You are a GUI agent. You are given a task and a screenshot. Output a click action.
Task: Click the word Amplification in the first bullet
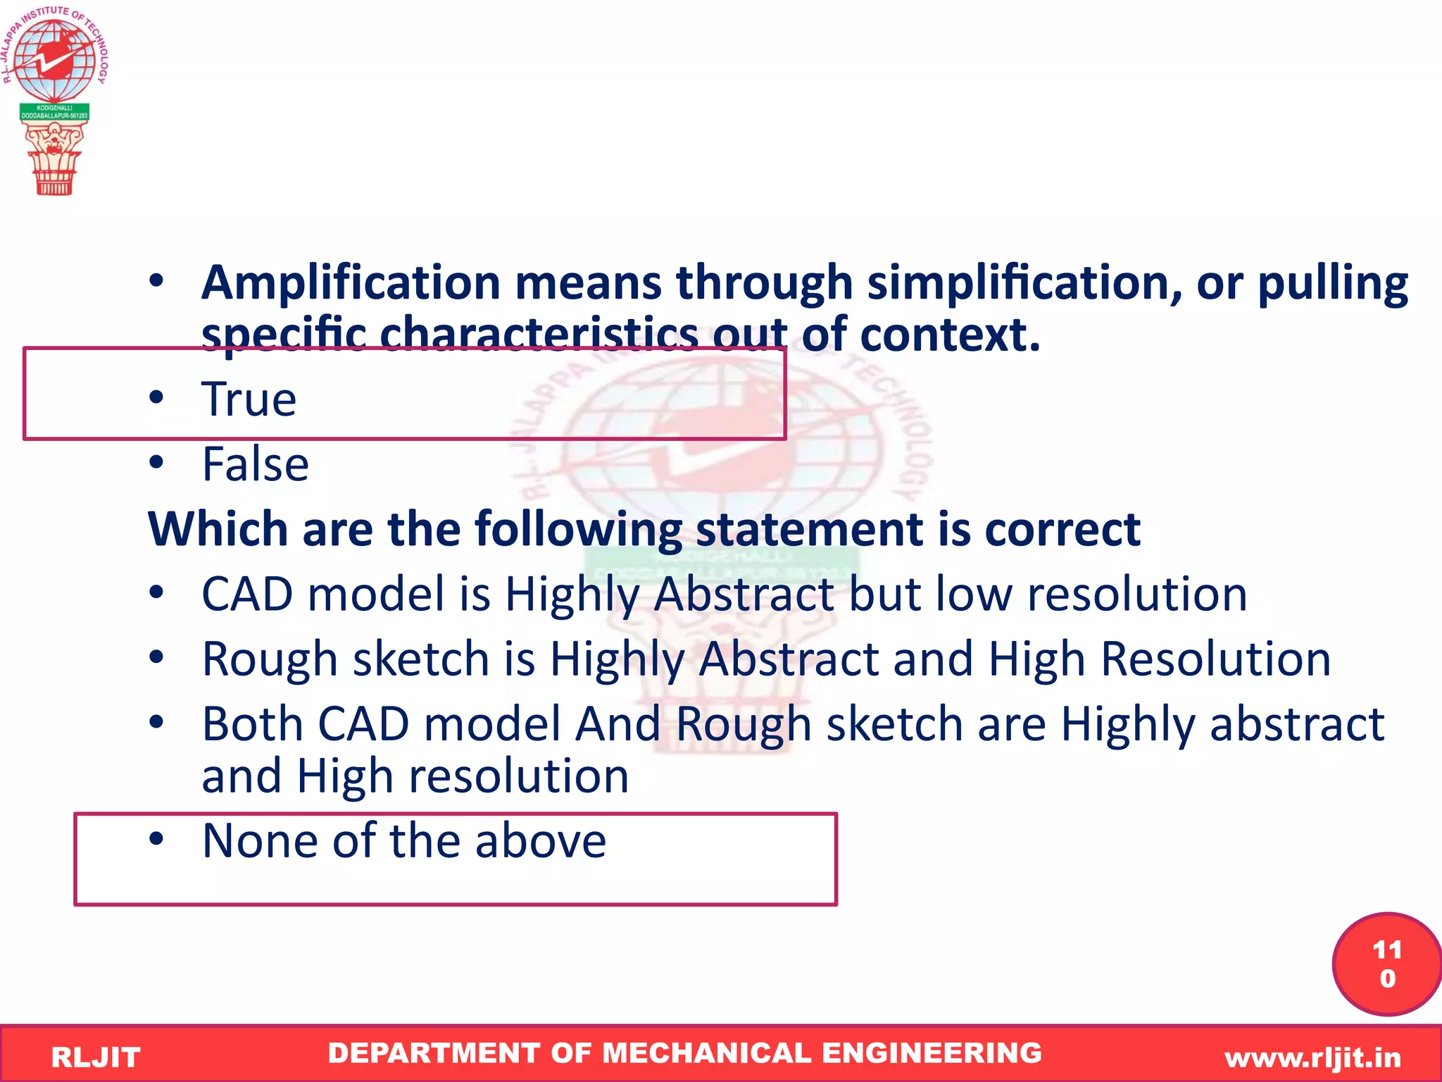point(351,283)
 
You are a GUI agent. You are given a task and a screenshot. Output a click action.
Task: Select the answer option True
point(249,399)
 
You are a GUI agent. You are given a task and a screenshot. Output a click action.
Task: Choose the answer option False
point(255,464)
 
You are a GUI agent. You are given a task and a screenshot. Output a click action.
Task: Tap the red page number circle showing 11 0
point(1386,964)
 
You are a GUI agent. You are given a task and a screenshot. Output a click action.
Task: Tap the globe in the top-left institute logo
point(54,59)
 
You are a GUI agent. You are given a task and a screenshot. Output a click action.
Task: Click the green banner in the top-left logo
point(54,112)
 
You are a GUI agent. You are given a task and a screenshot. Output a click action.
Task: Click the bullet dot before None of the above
point(156,839)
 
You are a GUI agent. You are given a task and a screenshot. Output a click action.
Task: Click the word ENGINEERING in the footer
point(932,1053)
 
